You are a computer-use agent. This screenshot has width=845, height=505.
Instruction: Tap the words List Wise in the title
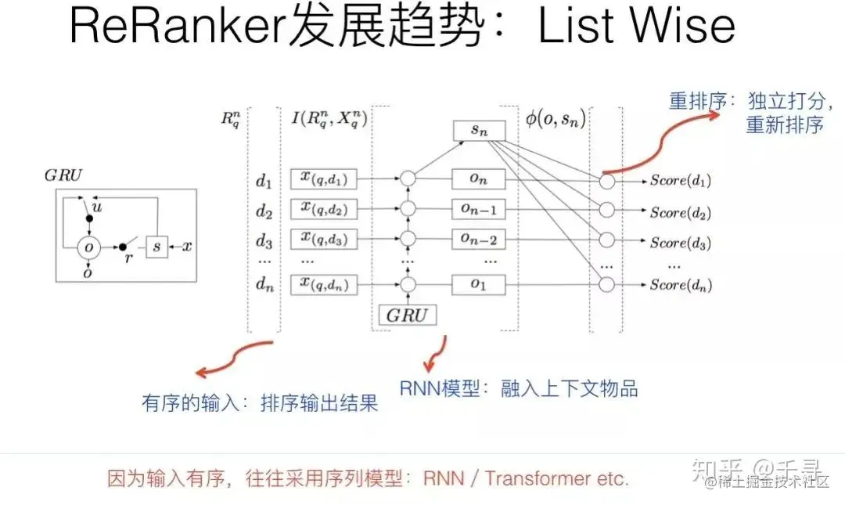click(x=636, y=27)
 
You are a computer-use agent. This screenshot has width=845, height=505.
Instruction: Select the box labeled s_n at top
click(x=479, y=132)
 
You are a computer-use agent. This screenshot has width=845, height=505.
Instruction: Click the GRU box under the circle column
click(x=407, y=315)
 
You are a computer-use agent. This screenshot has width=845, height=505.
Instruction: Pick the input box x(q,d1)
click(x=323, y=180)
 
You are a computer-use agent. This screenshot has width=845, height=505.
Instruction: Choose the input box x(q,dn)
click(x=323, y=284)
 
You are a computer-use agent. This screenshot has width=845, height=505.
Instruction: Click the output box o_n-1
click(x=479, y=210)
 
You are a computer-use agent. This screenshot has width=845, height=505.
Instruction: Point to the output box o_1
click(x=479, y=285)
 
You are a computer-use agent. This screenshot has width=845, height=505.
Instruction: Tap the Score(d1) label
click(x=681, y=181)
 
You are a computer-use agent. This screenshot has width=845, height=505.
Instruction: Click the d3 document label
click(x=263, y=240)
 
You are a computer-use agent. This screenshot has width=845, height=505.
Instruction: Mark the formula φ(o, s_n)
click(x=556, y=120)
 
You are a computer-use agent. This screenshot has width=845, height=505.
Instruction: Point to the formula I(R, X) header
click(x=329, y=119)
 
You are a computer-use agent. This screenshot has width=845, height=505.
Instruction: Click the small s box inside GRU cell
click(x=156, y=247)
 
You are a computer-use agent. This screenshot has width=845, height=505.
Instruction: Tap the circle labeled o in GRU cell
click(x=88, y=247)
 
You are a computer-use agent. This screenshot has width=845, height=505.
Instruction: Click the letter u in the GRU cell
click(x=98, y=207)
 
